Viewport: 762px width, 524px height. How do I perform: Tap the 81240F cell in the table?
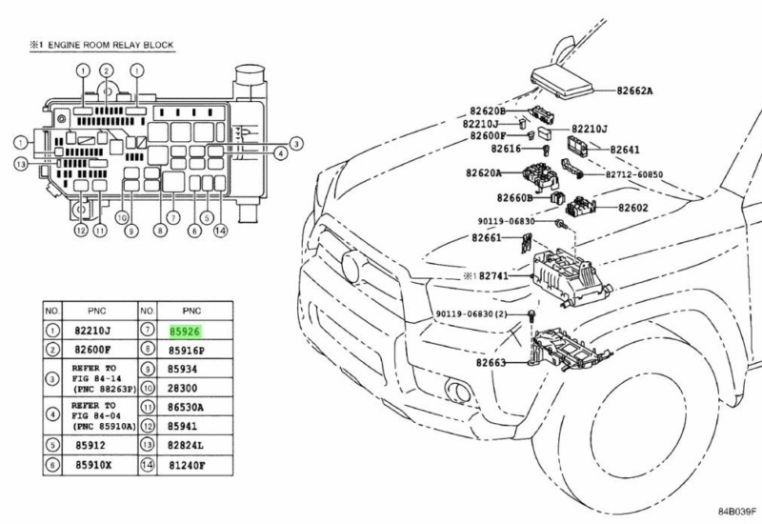(187, 467)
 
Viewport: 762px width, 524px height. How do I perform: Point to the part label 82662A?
(634, 91)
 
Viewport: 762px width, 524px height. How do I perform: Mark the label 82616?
(507, 150)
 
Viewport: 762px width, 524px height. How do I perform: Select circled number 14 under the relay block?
(221, 230)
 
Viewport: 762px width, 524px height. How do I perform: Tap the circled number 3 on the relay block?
(295, 144)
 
